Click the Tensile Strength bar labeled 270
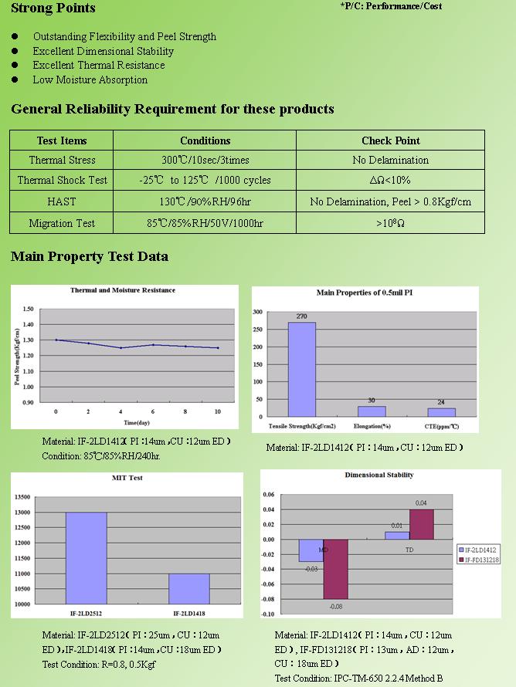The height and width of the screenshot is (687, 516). click(301, 369)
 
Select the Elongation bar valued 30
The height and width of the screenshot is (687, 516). click(372, 411)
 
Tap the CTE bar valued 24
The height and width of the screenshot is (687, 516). click(442, 412)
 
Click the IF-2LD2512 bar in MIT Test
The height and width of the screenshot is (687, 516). click(86, 557)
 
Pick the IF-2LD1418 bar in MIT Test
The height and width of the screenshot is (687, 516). click(189, 588)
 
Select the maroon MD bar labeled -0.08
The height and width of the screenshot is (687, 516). click(336, 569)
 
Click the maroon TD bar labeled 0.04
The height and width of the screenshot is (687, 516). click(421, 524)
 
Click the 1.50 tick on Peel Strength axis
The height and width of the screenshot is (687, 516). click(28, 309)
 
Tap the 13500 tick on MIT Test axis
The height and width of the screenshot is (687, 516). click(24, 497)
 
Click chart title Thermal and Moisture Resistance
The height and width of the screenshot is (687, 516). click(123, 290)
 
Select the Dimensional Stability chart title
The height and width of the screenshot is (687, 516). click(379, 475)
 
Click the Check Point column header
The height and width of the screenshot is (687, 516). click(391, 140)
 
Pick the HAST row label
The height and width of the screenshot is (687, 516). click(62, 201)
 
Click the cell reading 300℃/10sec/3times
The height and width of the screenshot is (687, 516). click(205, 161)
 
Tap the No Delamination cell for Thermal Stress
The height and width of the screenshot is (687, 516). click(390, 161)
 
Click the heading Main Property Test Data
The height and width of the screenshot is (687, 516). click(90, 256)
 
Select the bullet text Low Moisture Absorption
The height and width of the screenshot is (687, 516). click(90, 80)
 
